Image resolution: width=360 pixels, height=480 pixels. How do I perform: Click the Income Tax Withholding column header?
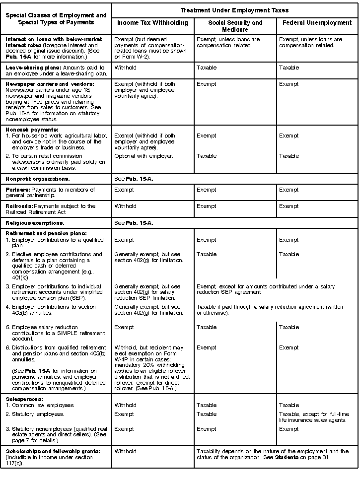tap(152, 23)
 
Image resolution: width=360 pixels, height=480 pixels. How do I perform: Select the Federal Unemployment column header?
tap(317, 23)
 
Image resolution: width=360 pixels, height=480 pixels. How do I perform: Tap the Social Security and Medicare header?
tap(235, 26)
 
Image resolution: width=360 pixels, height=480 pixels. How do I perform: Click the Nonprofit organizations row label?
tap(38, 178)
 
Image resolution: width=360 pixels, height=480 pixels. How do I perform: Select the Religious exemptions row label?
tap(35, 223)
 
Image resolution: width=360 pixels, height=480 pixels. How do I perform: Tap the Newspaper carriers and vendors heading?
tap(50, 84)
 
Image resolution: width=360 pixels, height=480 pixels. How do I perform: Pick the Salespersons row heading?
tap(24, 399)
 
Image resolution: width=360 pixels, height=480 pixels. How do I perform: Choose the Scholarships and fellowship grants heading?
tap(53, 451)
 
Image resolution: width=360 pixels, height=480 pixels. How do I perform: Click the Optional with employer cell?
tap(144, 156)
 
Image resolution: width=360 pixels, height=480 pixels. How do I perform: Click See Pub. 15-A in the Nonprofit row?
tap(134, 178)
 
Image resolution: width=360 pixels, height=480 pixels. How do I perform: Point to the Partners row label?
tap(18, 190)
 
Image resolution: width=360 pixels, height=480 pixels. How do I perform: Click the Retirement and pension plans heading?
tap(46, 233)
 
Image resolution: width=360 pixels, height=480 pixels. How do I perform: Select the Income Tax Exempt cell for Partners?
tap(124, 190)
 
